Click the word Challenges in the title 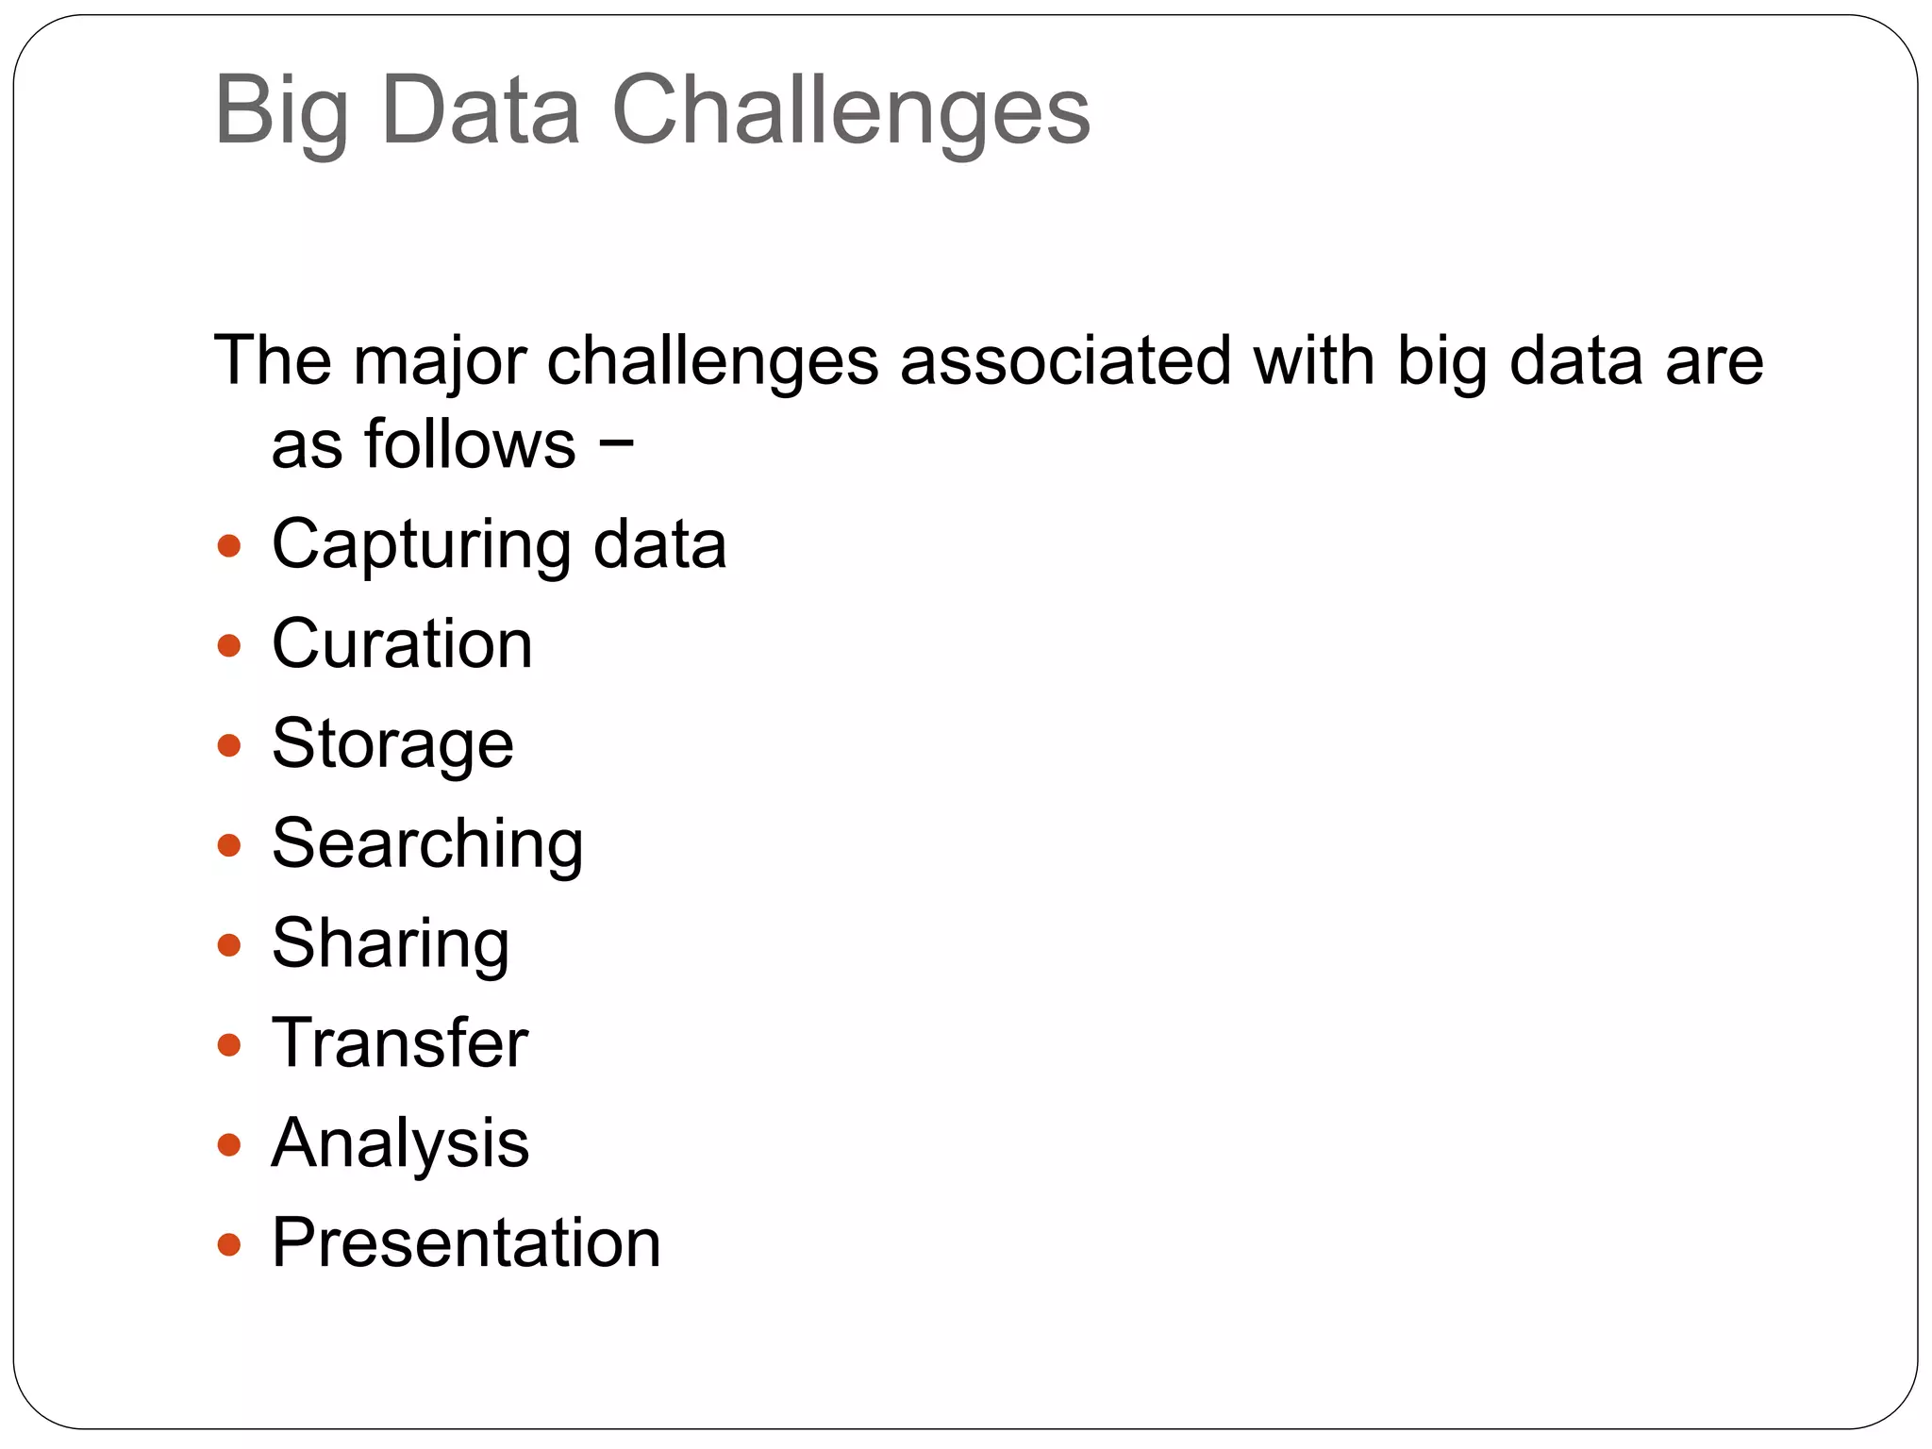point(851,111)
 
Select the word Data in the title point(480,111)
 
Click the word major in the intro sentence point(438,362)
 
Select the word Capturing point(421,546)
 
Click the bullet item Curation point(402,644)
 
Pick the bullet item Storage point(392,745)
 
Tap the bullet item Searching point(426,844)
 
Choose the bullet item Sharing point(391,944)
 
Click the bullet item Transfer point(400,1043)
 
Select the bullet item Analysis point(400,1144)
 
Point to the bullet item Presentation point(466,1243)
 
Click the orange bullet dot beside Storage point(229,746)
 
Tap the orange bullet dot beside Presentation point(229,1245)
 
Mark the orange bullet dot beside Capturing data point(229,546)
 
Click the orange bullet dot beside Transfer point(229,1045)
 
